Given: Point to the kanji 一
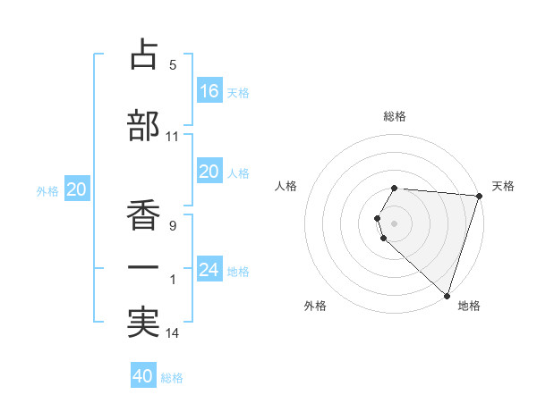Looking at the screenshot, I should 143,267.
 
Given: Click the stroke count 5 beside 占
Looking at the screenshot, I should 173,65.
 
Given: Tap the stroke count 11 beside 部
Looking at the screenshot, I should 173,137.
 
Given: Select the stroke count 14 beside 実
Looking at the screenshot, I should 173,333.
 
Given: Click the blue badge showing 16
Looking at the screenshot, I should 209,91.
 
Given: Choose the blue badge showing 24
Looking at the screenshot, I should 209,270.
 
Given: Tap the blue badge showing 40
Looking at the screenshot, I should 143,376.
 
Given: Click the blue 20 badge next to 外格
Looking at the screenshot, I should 77,189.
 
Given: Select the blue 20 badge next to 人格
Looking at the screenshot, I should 209,172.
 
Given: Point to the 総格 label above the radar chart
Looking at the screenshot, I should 395,116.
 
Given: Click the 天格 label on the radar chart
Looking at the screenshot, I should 504,186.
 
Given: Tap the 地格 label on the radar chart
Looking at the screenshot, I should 469,306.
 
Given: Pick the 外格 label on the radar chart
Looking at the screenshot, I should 315,306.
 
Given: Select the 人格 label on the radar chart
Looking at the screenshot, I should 286,186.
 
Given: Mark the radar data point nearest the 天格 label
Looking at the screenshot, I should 479,196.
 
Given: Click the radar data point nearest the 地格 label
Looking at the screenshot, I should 447,295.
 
